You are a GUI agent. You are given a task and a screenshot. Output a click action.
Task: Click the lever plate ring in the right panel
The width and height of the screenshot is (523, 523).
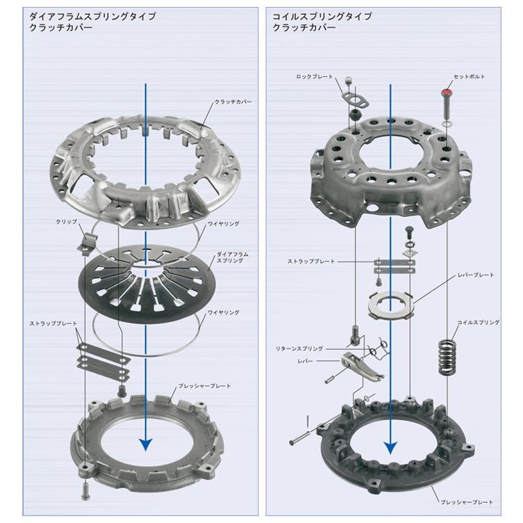point(390,305)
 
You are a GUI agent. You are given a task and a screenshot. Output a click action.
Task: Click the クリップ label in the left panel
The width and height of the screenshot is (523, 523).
point(66,221)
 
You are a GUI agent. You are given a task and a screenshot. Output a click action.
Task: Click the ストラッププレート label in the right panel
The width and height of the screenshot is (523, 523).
point(311,261)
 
